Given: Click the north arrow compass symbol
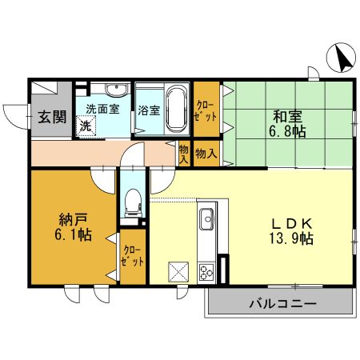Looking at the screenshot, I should coord(342,58).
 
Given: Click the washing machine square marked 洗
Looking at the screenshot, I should coord(85,126).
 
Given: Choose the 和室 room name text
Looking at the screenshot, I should coord(286,115).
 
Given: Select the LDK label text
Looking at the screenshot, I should coord(286,223).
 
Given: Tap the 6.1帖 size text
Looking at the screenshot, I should coord(71,235).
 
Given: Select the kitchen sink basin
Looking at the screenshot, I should coord(206,218).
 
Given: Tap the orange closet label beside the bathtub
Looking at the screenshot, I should coord(206,110).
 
